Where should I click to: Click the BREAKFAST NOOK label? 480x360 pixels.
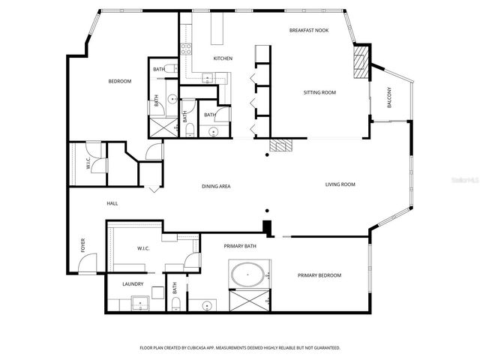[x=310, y=30]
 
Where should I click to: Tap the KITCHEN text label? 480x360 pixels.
[x=223, y=58]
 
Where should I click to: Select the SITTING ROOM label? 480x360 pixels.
[x=319, y=93]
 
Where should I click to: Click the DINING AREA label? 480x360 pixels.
[x=216, y=185]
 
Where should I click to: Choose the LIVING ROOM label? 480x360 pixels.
[x=340, y=184]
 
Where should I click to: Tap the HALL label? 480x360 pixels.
[x=112, y=203]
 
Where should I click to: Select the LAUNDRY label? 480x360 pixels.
[x=133, y=283]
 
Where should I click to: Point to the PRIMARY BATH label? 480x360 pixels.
[x=240, y=246]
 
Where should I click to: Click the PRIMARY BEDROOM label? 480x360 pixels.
[x=319, y=276]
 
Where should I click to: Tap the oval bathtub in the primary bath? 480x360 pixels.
[x=247, y=275]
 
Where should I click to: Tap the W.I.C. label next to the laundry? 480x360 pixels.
[x=145, y=248]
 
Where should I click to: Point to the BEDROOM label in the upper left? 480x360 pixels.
[x=120, y=81]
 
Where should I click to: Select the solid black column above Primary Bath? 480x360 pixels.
[x=266, y=228]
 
